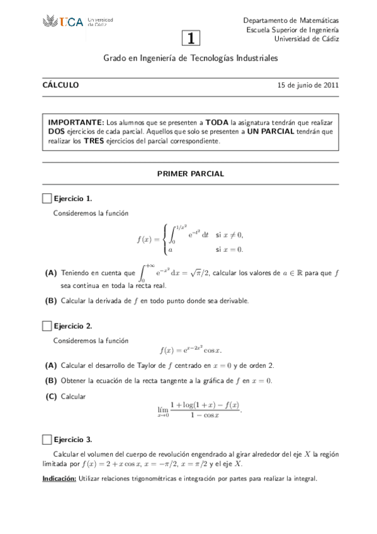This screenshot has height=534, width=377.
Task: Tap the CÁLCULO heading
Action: click(x=60, y=86)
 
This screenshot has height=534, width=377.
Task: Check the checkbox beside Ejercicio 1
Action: click(x=47, y=198)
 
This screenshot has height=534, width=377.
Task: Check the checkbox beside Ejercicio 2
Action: click(x=47, y=326)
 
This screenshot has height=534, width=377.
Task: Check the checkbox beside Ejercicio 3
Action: click(x=47, y=440)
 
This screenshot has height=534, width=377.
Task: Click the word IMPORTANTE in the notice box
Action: click(x=76, y=122)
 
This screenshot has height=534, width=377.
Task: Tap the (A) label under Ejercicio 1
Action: click(x=51, y=273)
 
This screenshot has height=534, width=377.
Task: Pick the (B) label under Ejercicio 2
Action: click(x=51, y=380)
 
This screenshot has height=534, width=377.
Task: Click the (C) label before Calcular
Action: click(x=51, y=396)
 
